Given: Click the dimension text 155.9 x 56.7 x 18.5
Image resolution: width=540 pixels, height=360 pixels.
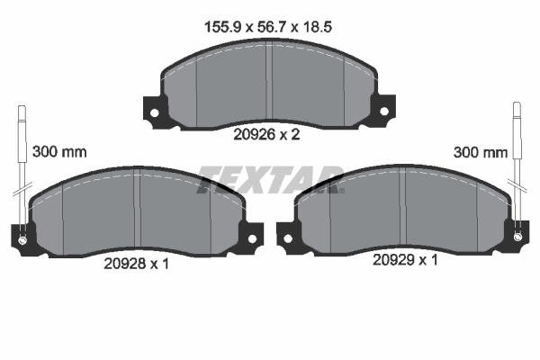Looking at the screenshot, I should [x=269, y=27].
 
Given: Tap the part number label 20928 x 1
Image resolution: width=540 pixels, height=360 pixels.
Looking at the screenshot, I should [x=135, y=263].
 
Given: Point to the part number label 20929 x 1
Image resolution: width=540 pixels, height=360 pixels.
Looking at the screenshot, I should [x=404, y=260].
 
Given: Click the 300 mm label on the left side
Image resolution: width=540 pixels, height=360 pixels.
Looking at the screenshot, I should [x=59, y=152].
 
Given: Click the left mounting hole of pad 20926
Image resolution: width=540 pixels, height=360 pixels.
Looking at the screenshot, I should [x=154, y=113].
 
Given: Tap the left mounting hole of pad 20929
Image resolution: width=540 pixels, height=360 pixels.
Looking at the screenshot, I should [x=288, y=238].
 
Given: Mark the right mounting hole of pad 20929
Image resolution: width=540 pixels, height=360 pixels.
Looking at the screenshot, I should [x=517, y=237].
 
